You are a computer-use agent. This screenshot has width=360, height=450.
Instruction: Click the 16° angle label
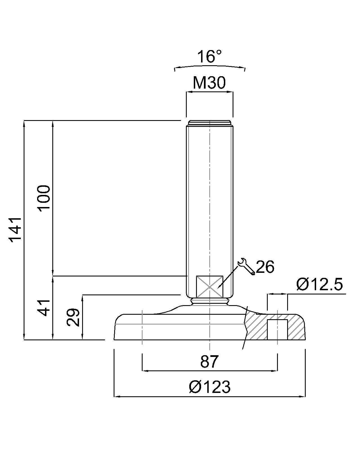click(x=209, y=57)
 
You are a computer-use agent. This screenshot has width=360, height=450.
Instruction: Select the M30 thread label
click(x=209, y=83)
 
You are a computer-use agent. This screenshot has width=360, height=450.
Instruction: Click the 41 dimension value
click(x=44, y=308)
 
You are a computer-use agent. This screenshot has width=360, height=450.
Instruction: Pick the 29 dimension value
click(x=73, y=317)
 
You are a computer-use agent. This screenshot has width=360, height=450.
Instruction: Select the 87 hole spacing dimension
click(x=209, y=361)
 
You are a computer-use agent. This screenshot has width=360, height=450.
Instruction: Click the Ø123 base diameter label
click(x=210, y=387)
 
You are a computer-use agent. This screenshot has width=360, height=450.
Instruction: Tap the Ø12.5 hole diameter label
click(x=319, y=284)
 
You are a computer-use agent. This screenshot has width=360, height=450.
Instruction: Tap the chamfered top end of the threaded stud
click(x=209, y=123)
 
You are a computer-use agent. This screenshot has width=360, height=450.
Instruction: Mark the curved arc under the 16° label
click(x=210, y=67)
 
